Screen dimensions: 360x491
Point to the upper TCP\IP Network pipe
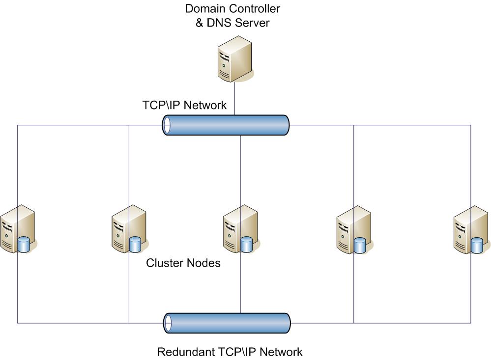tap(226, 125)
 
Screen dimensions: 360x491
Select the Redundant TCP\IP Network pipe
tap(227, 323)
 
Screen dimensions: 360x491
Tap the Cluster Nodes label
tap(183, 263)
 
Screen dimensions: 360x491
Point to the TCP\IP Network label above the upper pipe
tap(184, 105)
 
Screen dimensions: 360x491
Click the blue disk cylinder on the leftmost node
tap(24, 244)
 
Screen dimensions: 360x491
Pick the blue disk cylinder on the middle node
tap(246, 244)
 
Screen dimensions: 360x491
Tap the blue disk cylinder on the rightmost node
tap(476, 245)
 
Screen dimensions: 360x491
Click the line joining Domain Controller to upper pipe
tap(234, 98)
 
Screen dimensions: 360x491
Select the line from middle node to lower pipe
tap(240, 285)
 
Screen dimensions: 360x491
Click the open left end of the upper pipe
tap(167, 125)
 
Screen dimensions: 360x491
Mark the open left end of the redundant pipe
tap(168, 323)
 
